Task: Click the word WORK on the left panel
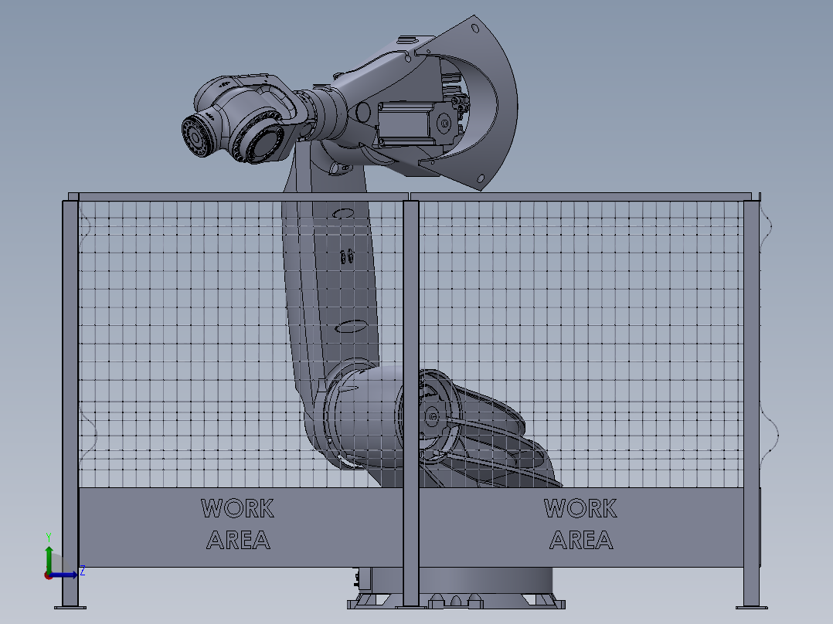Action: click(237, 509)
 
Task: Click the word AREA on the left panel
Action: click(238, 540)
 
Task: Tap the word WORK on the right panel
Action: click(580, 509)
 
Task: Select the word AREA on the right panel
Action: click(581, 540)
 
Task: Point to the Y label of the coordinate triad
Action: click(48, 536)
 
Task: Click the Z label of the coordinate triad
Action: click(82, 571)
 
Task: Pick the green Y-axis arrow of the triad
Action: click(48, 558)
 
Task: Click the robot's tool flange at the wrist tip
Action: click(196, 136)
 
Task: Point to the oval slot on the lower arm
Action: click(353, 326)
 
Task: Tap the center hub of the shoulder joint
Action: click(431, 418)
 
